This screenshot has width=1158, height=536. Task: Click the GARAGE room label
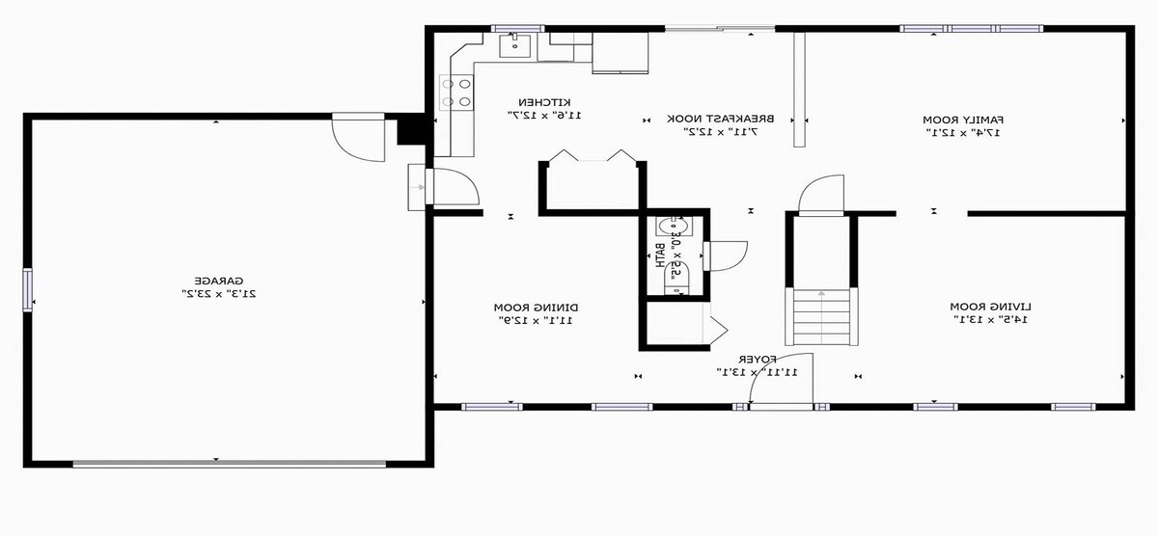[x=219, y=281]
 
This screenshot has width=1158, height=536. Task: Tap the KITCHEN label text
[x=545, y=102]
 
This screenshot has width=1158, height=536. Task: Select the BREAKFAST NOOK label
[x=721, y=119]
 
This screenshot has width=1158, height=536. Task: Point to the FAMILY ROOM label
[x=963, y=120]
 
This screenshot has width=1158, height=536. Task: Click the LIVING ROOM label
[x=990, y=307]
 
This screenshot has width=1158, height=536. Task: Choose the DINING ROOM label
[x=537, y=308]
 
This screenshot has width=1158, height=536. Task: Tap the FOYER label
[x=757, y=359]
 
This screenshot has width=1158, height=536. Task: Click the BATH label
[x=660, y=255]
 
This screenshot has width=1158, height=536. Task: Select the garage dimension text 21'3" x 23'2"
[x=219, y=294]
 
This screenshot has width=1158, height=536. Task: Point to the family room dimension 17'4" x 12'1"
[x=963, y=133]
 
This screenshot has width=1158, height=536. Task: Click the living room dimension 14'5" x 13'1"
[x=990, y=320]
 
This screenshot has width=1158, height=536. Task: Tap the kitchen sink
[x=515, y=45]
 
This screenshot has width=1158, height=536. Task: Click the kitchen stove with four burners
[x=456, y=93]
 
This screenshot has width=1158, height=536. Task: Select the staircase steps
[x=821, y=317]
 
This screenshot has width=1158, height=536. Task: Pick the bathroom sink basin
[x=674, y=227]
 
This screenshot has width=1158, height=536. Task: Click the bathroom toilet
[x=677, y=278]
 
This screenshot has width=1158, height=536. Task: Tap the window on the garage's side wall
[x=27, y=290]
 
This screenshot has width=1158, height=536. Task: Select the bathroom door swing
[x=726, y=256]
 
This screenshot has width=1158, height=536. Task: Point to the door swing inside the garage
[x=358, y=137]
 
